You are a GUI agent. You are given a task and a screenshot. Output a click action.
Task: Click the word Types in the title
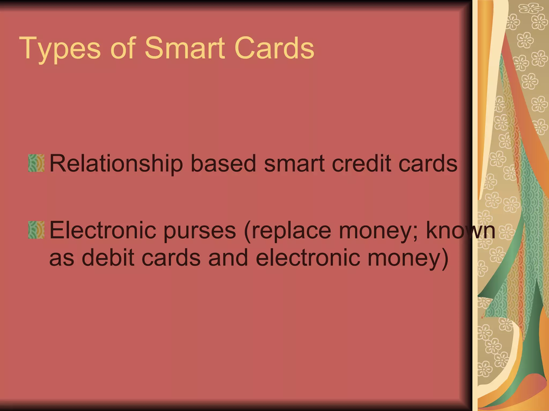coord(60,49)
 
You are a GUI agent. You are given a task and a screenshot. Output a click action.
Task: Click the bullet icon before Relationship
coord(36,163)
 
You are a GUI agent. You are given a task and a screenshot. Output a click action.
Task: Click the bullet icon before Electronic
coord(36,230)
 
